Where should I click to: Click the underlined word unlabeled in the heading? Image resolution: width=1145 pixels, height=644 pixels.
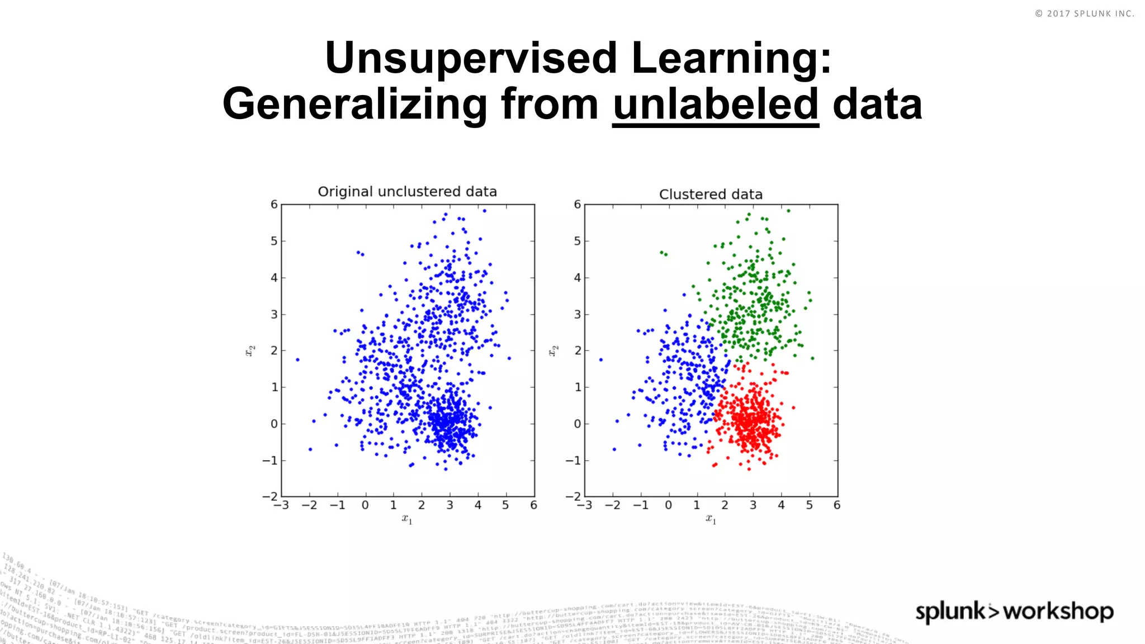[716, 105]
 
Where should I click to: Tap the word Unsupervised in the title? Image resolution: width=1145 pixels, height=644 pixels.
[471, 58]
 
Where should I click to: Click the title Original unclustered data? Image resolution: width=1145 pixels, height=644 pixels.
[407, 192]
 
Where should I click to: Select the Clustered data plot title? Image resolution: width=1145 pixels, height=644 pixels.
[711, 195]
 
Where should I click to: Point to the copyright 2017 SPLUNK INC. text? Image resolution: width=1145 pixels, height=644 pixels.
[1084, 13]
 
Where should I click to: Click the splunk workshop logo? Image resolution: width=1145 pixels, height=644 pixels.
[1014, 611]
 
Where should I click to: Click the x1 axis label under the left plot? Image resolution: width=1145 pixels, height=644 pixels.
[407, 519]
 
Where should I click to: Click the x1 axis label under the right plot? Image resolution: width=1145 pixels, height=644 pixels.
[711, 519]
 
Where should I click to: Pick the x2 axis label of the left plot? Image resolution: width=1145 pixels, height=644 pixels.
[250, 351]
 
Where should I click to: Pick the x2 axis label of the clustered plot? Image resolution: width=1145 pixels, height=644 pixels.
[553, 351]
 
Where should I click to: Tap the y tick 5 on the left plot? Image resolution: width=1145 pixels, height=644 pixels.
[274, 241]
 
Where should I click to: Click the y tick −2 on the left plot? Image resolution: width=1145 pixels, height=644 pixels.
[270, 496]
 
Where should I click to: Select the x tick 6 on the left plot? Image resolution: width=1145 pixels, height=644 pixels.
[533, 505]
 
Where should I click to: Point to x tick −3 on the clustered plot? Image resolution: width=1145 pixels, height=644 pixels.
[584, 505]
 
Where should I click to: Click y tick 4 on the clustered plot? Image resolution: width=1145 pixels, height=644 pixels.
[578, 278]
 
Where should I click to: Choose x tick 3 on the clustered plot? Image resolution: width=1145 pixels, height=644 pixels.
[753, 505]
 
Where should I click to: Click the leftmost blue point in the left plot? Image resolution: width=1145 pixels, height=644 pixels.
[297, 359]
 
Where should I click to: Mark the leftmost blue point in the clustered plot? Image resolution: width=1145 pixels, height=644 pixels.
[601, 359]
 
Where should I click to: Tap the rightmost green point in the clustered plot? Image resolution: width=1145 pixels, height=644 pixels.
[812, 358]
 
